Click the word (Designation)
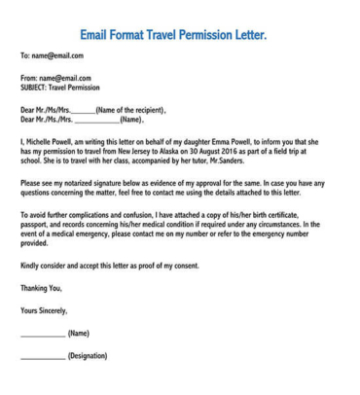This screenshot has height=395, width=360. point(87,356)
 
